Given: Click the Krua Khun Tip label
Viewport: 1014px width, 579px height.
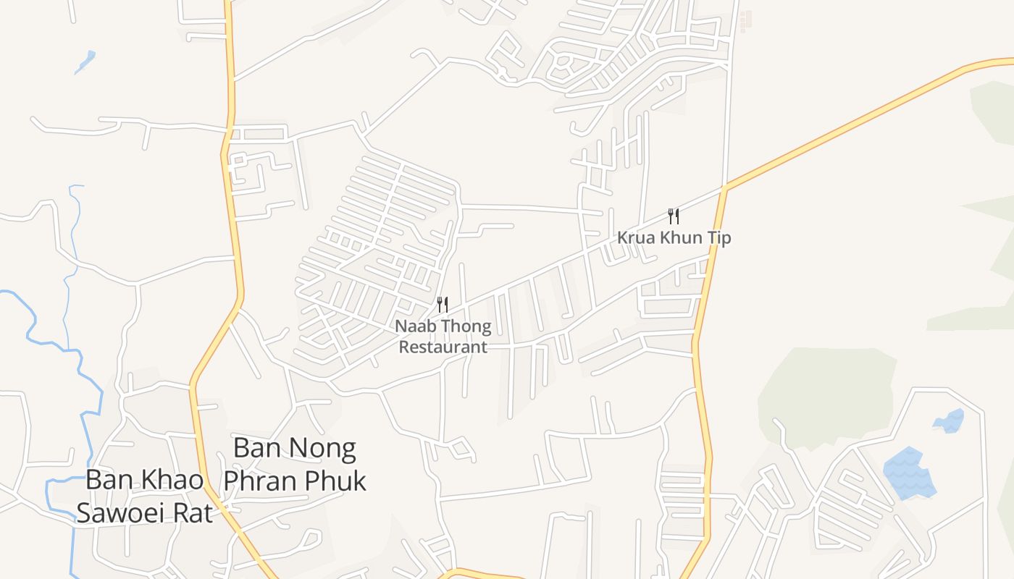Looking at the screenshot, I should [x=674, y=237].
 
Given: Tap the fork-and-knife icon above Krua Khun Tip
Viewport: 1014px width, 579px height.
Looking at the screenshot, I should [x=674, y=216].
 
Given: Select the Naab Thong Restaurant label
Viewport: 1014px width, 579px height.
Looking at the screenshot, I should [x=443, y=337].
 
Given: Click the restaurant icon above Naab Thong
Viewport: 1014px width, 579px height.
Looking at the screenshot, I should [x=443, y=305].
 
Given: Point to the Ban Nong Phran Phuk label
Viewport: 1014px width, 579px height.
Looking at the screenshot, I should [x=295, y=465].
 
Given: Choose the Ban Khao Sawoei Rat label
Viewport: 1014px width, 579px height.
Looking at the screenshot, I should [x=145, y=496].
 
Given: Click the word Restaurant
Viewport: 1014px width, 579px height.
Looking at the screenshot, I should [x=443, y=347].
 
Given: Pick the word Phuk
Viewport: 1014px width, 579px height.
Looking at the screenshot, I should [x=335, y=481].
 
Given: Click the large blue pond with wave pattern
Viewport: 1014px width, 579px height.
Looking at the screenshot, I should [x=908, y=474].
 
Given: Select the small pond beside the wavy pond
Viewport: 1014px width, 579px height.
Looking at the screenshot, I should [x=950, y=420].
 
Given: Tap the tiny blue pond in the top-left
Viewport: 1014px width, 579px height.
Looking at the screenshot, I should [x=85, y=61].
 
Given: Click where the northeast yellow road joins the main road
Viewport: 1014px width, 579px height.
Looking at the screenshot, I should [x=724, y=188].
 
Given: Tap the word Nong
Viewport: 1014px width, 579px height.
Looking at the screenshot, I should [x=324, y=449].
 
